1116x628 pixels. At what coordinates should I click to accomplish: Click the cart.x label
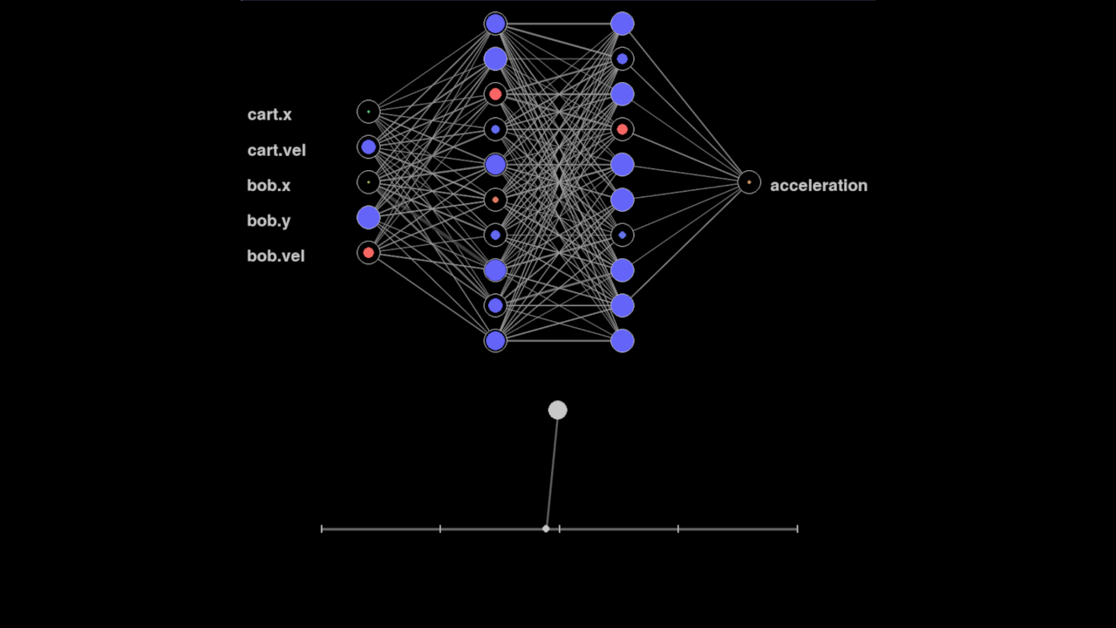269,114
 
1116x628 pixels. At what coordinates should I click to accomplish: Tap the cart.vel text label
276,150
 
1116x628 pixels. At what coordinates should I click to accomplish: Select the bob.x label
269,185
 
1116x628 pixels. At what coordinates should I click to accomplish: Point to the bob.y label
269,221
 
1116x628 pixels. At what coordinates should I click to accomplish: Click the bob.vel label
276,256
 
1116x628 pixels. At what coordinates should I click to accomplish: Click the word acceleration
818,185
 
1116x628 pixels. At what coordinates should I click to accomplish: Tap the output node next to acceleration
749,182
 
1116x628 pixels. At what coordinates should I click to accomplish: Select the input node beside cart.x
369,112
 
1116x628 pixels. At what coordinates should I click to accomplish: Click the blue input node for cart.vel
369,147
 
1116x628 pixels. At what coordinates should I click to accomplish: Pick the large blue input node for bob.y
369,217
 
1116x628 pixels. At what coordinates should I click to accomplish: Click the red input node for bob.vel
369,252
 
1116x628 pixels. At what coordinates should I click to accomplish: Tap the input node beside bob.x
369,182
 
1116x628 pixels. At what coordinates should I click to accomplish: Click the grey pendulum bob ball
558,410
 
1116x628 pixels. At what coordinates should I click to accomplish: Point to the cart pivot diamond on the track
546,529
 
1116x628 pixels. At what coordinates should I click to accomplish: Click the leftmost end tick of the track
322,529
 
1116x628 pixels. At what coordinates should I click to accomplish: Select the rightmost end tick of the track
797,529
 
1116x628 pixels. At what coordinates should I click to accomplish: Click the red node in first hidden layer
495,94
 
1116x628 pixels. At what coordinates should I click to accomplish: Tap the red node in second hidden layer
622,129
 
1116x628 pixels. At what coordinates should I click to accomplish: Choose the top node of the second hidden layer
622,24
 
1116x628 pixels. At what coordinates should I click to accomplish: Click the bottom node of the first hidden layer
495,340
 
